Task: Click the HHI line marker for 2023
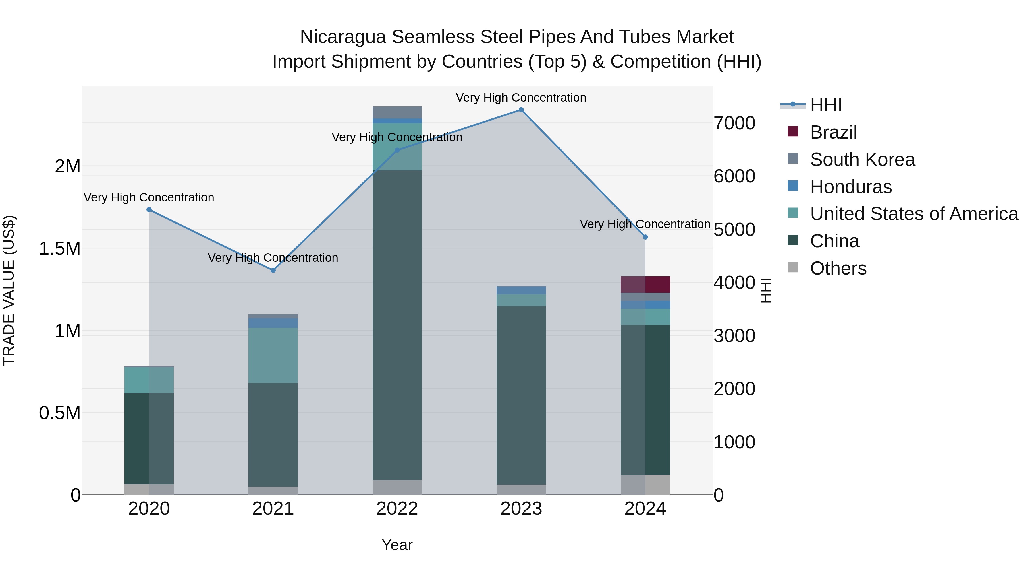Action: (x=521, y=110)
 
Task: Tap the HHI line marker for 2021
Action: (x=273, y=270)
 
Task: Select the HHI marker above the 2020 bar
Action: (x=149, y=210)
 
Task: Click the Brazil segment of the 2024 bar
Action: (x=645, y=284)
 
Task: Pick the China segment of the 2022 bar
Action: (x=397, y=325)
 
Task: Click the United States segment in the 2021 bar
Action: (x=273, y=355)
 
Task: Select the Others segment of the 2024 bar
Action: (x=645, y=485)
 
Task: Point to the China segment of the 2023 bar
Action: (x=521, y=395)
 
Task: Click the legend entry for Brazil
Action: (x=833, y=132)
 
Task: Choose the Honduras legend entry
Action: (x=850, y=187)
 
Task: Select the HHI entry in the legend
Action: (x=825, y=105)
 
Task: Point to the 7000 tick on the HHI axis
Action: (x=734, y=123)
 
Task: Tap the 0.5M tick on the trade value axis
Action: (x=59, y=413)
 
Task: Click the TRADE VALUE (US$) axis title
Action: (x=9, y=290)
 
